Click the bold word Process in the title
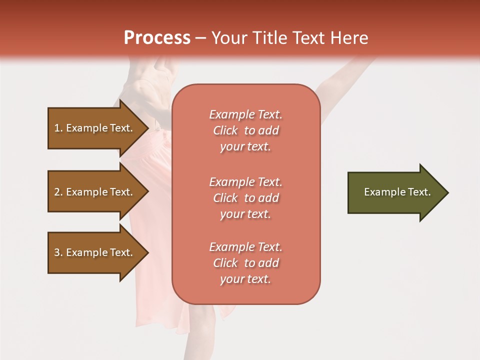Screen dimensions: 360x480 tap(157, 37)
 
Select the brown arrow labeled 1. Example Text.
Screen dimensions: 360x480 tap(95, 128)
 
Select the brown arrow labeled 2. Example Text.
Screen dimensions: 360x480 tap(95, 192)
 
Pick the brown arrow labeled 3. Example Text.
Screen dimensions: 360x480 tap(95, 252)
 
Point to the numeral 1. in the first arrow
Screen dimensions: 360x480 tap(58, 128)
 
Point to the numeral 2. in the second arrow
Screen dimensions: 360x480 tap(58, 192)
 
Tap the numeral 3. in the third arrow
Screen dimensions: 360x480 tap(58, 252)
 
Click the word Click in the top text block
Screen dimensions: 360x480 tap(225, 130)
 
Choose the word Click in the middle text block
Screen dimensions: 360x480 tap(225, 198)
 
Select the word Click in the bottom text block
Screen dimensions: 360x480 tap(225, 263)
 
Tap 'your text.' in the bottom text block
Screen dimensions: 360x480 tap(245, 279)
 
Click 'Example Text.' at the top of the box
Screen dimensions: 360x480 tap(245, 114)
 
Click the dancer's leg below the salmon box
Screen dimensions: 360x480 tap(200, 330)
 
